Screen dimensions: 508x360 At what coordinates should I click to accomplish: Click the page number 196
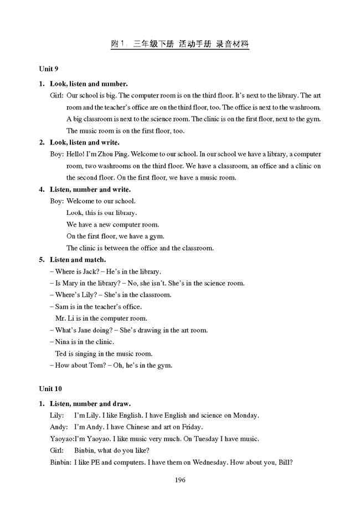(179, 479)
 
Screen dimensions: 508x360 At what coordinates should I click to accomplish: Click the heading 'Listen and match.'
(78, 260)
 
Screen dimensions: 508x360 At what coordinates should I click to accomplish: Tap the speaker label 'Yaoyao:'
(61, 439)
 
